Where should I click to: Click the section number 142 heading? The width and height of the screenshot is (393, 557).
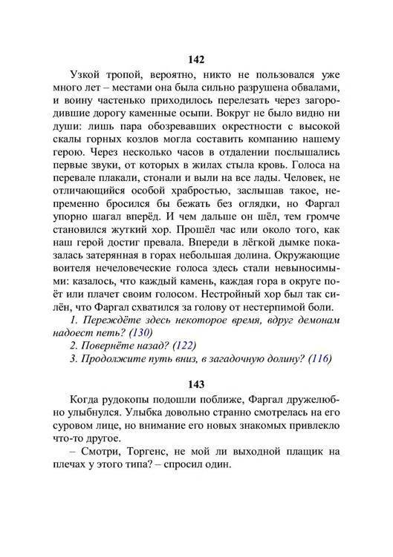coord(197,59)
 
